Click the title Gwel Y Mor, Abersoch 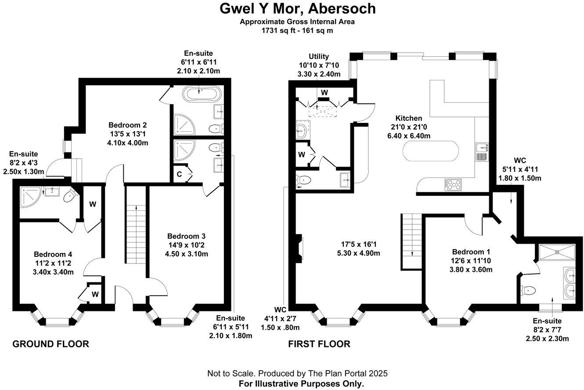tap(297, 9)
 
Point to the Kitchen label tap(408, 118)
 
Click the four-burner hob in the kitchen tap(453, 184)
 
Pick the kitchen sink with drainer tap(481, 152)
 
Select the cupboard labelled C tap(180, 173)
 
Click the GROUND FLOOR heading tap(50, 344)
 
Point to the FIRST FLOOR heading tap(319, 344)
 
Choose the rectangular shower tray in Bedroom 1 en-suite tap(557, 252)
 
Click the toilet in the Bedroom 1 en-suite tap(528, 290)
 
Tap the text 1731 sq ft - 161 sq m tap(297, 30)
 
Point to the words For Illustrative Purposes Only tap(301, 383)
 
